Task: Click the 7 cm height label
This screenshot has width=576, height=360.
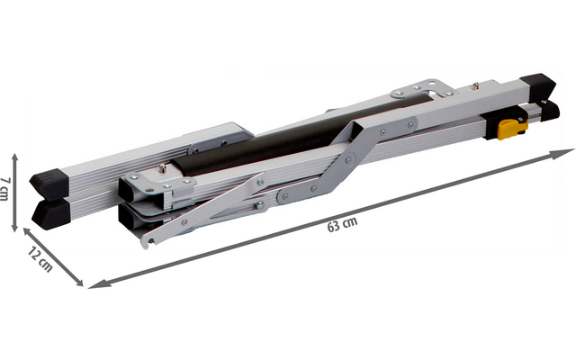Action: coord(4,189)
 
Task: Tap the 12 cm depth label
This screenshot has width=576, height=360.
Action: coord(40,260)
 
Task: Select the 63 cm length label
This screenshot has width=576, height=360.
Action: coord(342,224)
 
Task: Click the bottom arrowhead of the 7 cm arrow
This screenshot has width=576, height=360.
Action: coord(14,229)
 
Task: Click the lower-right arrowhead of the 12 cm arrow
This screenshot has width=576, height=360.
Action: coord(78,282)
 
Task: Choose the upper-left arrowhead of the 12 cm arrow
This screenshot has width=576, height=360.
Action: coord(28,231)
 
